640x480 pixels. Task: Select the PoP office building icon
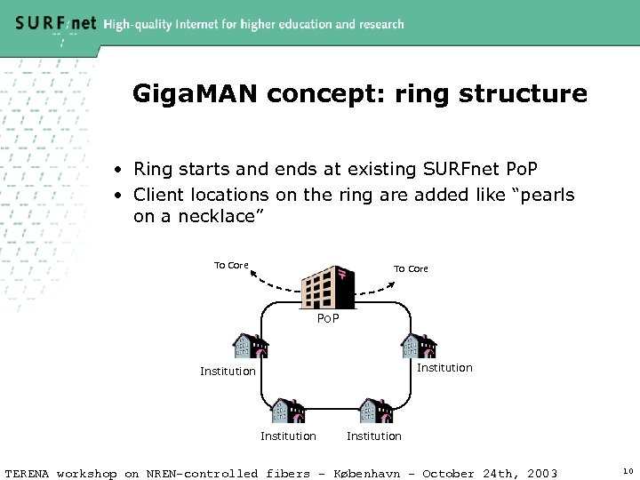[328, 285]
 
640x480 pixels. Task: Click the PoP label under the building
[328, 317]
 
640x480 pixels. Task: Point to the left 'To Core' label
[231, 265]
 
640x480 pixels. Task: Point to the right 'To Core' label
[411, 268]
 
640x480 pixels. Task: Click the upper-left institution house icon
[250, 347]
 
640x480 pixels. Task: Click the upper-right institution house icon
[418, 344]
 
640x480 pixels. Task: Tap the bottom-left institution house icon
[287, 411]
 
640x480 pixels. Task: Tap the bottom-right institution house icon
[375, 411]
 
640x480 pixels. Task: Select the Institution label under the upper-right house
[444, 367]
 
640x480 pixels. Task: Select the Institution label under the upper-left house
[228, 371]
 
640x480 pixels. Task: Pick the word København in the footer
[373, 473]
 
